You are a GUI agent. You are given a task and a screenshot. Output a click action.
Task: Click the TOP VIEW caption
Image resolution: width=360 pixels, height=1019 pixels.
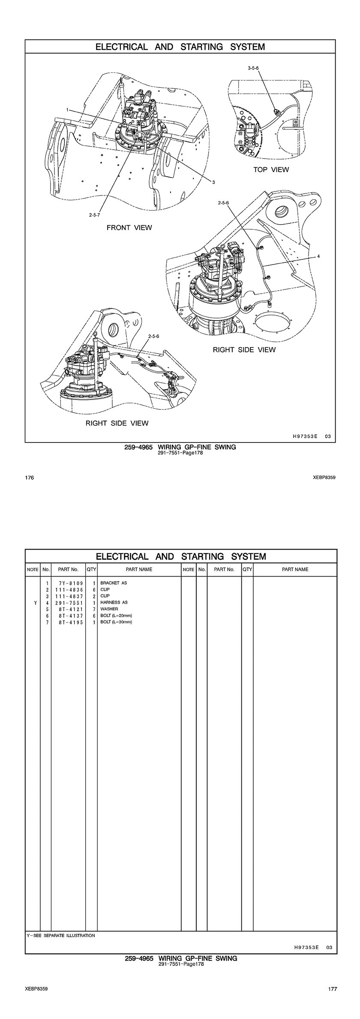pos(271,170)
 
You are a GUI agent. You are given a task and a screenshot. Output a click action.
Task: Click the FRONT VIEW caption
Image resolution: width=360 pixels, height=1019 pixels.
pos(129,228)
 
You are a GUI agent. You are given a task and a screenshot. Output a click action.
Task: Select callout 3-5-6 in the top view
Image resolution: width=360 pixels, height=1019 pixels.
pos(253,68)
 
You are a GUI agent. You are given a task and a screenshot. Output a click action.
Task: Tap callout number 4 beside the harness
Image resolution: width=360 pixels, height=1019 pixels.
pos(318,256)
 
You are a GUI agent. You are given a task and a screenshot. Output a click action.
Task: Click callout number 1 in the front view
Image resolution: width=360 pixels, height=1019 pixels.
pos(67,110)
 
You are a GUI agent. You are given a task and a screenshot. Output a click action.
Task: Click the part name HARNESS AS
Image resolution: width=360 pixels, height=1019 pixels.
pos(114,602)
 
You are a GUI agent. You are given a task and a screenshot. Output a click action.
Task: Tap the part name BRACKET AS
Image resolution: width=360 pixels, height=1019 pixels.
pos(114,583)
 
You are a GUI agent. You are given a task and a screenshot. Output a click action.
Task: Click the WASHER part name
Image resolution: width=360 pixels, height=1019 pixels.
pos(109,609)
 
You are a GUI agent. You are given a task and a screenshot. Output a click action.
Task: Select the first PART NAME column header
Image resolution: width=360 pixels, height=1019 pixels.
pos(139,569)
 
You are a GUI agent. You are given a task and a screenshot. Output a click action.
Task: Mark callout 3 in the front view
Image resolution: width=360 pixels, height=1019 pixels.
pos(213,182)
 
